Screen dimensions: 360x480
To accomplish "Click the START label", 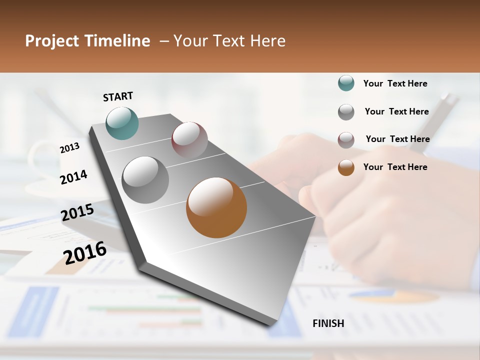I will coord(118,96).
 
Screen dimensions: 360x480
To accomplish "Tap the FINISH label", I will coord(328,323).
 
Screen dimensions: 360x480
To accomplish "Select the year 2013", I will coord(69,147).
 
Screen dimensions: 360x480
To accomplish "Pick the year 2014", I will coord(73,177).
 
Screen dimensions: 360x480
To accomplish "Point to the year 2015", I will coord(77,212).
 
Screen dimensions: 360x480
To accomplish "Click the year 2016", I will coord(85,252).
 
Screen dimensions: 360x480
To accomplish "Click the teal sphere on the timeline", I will coord(122,123).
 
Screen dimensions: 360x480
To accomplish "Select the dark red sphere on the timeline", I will coord(189,140).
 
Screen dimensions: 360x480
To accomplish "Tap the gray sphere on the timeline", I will coord(145,180).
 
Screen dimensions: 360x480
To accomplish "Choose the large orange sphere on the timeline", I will coord(216,207).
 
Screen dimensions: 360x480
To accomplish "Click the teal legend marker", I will coord(346,83).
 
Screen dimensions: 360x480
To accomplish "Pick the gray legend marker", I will coord(346,112).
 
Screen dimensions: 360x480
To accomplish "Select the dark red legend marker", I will coord(346,140).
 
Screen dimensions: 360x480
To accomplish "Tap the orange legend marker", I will coord(346,167).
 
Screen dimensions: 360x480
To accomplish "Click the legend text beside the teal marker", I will coord(395,83).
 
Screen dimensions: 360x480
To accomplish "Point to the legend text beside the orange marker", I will coord(395,167).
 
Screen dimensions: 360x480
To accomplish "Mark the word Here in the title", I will coord(267,41).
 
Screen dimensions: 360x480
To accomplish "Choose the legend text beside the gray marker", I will coord(396,111).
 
